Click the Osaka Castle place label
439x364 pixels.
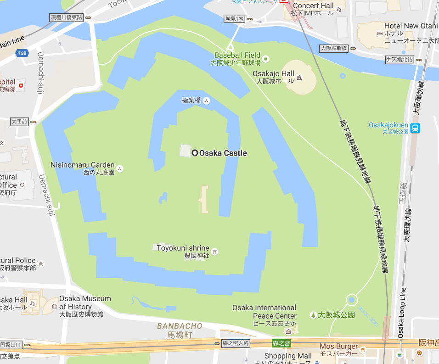click(x=223, y=153)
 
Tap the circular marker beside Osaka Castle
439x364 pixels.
click(x=195, y=153)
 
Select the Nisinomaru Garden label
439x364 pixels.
click(x=83, y=165)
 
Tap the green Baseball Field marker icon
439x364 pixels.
click(x=265, y=58)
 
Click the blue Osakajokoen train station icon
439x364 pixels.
click(x=415, y=128)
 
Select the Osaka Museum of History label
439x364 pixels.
click(x=85, y=302)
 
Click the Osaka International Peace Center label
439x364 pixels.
click(x=265, y=312)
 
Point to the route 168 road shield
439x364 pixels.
click(x=22, y=54)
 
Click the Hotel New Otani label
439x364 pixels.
click(x=411, y=26)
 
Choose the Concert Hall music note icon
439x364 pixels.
click(x=339, y=9)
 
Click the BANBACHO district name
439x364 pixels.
click(x=180, y=326)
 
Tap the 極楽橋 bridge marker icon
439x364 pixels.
click(x=206, y=101)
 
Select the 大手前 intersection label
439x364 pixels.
click(x=19, y=122)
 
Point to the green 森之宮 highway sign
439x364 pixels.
click(x=281, y=343)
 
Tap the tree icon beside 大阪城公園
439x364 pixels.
click(x=313, y=315)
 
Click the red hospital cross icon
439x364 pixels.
click(x=21, y=85)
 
